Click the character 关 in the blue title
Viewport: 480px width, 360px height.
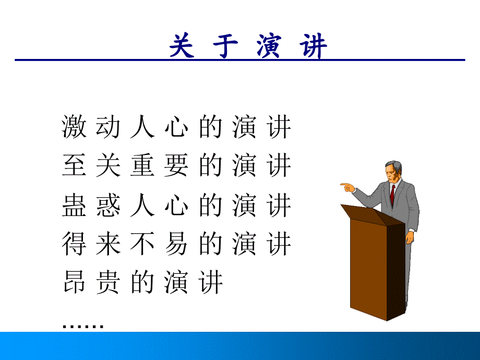182,46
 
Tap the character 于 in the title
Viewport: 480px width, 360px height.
225,46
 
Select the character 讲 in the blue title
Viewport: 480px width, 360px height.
314,46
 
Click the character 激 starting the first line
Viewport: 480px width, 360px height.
74,127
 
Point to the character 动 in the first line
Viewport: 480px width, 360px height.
108,127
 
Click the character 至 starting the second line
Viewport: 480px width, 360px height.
74,165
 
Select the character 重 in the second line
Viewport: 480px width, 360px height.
142,165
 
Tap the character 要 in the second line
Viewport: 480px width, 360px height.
176,165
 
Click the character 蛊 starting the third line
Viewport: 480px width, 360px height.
74,205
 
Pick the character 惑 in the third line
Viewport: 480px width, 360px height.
108,205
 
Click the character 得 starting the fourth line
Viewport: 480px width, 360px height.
74,244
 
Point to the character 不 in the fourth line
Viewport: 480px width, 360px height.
142,244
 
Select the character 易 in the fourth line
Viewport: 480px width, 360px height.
176,244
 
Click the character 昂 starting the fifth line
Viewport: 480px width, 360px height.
74,282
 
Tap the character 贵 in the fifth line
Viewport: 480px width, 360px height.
108,282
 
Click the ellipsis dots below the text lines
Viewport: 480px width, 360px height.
83,326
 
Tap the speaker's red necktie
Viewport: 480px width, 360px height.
392,195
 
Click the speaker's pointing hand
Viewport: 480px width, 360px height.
347,187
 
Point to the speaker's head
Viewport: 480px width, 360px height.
393,172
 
